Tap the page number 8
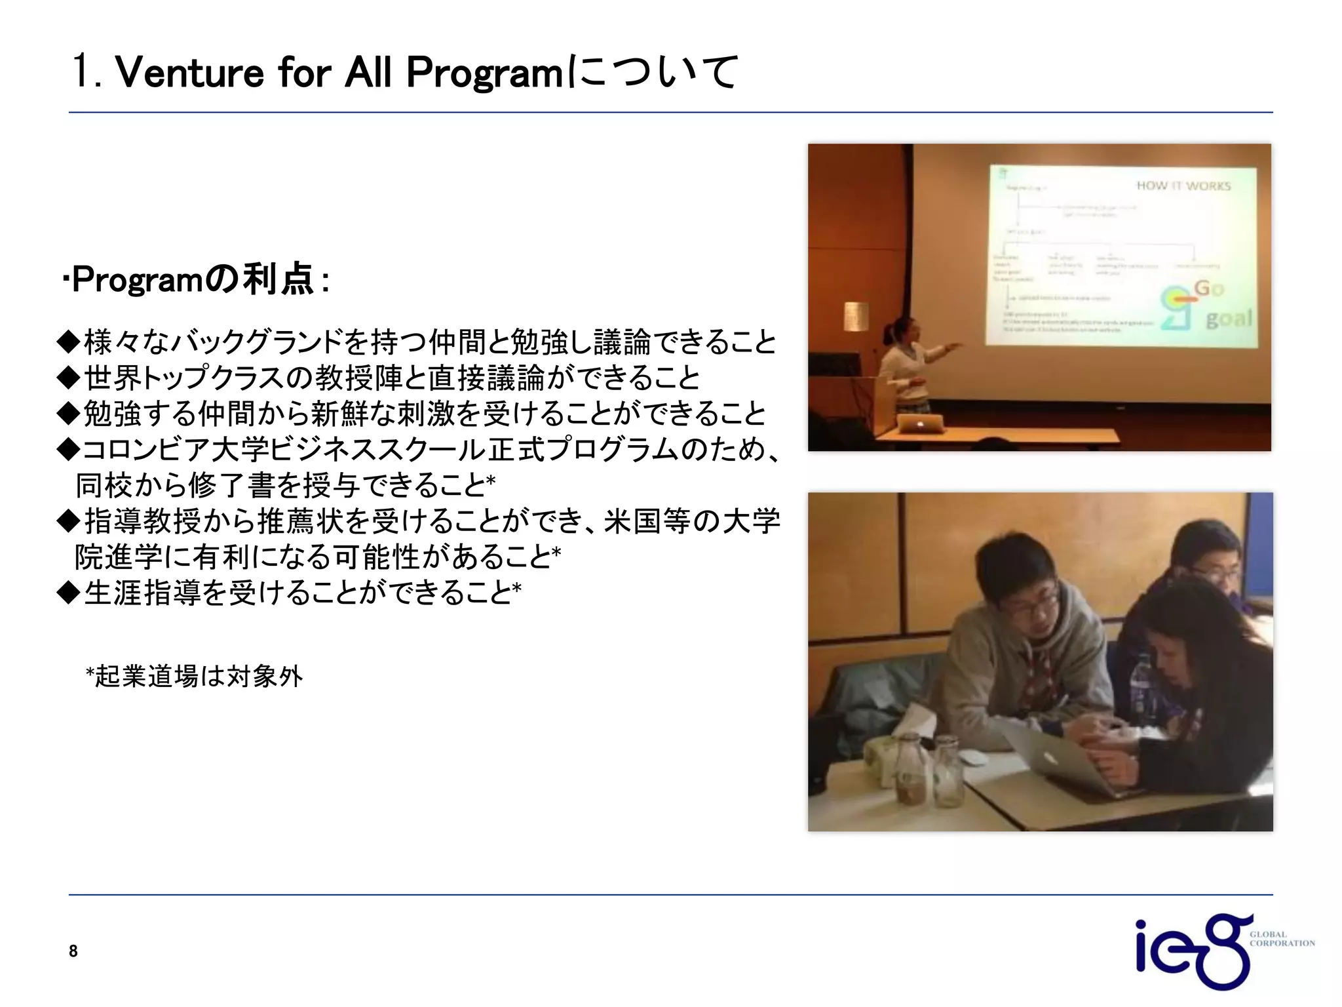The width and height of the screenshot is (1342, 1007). point(73,951)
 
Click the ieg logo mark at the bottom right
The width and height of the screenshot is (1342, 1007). point(1189,951)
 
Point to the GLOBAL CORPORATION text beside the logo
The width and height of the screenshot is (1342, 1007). point(1280,939)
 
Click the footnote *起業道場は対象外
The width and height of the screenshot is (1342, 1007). point(194,676)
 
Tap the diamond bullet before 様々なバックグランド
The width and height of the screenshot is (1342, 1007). point(67,342)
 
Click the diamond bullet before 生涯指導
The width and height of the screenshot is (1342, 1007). point(67,593)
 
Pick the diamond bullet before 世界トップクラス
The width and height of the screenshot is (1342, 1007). point(67,378)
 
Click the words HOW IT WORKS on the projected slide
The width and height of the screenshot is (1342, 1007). point(1183,186)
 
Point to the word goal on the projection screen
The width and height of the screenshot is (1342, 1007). point(1229,319)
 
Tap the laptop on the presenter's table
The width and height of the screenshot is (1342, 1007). point(921,423)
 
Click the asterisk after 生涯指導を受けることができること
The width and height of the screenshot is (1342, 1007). point(517,587)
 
